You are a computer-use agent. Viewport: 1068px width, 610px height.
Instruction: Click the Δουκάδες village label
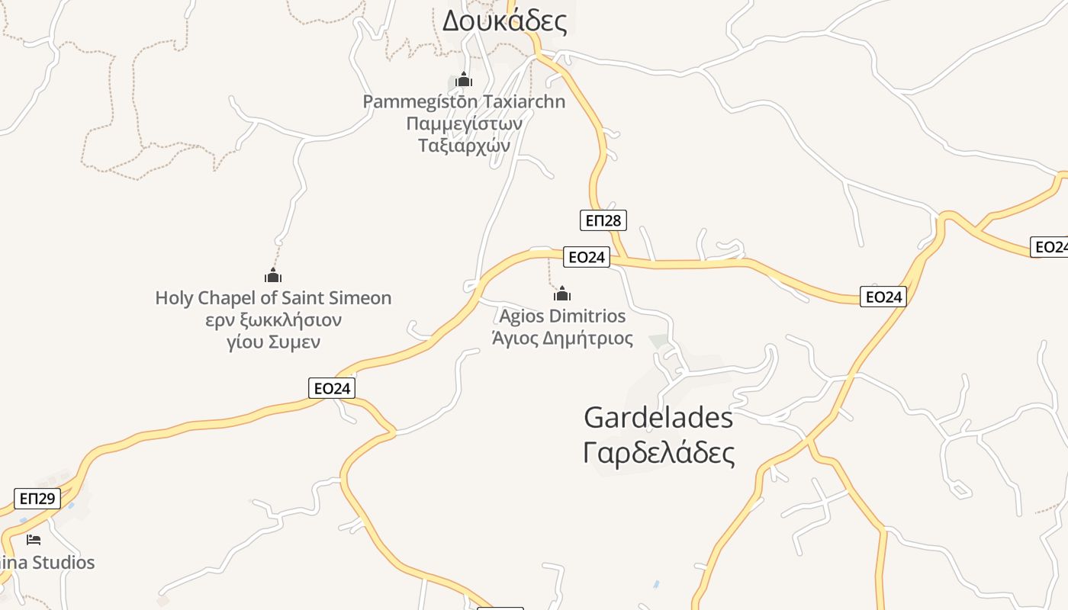pyautogui.click(x=504, y=21)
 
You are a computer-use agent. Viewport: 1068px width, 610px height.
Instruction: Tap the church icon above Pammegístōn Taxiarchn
pyautogui.click(x=464, y=79)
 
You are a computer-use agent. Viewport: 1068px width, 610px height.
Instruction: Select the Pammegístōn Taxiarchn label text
pyautogui.click(x=464, y=101)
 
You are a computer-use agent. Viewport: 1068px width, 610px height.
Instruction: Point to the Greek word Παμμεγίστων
pyautogui.click(x=464, y=124)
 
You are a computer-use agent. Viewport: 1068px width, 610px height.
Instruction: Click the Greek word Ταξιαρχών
pyautogui.click(x=464, y=145)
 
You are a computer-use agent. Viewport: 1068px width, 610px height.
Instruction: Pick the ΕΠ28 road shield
pyautogui.click(x=603, y=220)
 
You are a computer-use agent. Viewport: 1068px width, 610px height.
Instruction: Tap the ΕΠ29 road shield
pyautogui.click(x=37, y=499)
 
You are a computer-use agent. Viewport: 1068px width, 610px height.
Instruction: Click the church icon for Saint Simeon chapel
pyautogui.click(x=273, y=275)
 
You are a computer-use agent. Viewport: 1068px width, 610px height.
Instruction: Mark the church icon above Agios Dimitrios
pyautogui.click(x=562, y=294)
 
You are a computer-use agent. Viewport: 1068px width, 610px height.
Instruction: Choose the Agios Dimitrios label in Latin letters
pyautogui.click(x=562, y=316)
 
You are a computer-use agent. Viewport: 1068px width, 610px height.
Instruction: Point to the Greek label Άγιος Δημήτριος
pyautogui.click(x=562, y=338)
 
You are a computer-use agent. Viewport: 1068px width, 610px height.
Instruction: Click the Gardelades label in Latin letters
pyautogui.click(x=658, y=418)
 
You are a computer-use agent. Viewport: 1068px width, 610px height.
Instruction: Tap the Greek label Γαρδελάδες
pyautogui.click(x=658, y=453)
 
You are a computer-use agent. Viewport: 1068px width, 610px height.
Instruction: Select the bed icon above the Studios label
pyautogui.click(x=34, y=540)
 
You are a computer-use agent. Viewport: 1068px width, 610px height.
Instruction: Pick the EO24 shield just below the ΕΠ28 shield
pyautogui.click(x=587, y=257)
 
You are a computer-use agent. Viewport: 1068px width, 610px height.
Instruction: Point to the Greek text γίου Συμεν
pyautogui.click(x=273, y=342)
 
